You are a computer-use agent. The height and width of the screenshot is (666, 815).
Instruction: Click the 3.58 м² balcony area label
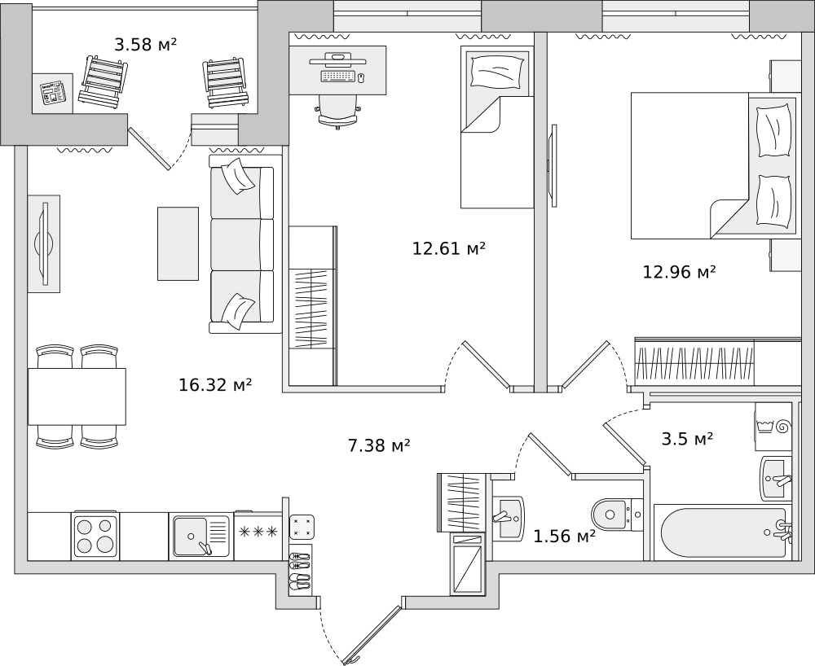(x=146, y=45)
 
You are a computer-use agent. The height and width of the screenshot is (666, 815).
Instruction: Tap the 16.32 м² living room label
(x=215, y=384)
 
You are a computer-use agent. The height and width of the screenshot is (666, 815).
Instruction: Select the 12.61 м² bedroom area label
(x=449, y=248)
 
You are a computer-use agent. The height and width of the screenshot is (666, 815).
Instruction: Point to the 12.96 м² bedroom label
(x=680, y=271)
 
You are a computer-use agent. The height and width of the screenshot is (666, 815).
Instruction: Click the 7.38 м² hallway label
(x=380, y=445)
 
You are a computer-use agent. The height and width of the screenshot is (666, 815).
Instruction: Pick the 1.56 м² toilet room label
(x=565, y=536)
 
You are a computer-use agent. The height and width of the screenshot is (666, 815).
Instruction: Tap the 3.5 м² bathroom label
(x=687, y=439)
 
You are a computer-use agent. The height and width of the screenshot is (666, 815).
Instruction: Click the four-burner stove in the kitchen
(x=95, y=537)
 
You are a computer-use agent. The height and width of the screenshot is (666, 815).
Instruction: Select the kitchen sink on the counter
(x=201, y=535)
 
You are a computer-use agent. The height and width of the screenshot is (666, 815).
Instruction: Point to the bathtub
(x=723, y=532)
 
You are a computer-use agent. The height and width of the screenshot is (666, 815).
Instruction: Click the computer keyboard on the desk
(x=338, y=77)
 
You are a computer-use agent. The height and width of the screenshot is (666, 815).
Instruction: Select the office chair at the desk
(x=338, y=111)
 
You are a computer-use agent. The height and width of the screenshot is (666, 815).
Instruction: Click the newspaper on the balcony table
(x=53, y=93)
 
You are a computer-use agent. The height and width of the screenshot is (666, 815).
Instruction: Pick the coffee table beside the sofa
(x=178, y=243)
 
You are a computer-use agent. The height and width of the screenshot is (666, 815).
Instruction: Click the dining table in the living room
(x=77, y=397)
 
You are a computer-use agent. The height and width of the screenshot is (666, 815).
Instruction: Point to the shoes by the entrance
(x=300, y=571)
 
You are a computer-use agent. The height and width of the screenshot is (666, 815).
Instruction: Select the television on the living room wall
(x=45, y=243)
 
